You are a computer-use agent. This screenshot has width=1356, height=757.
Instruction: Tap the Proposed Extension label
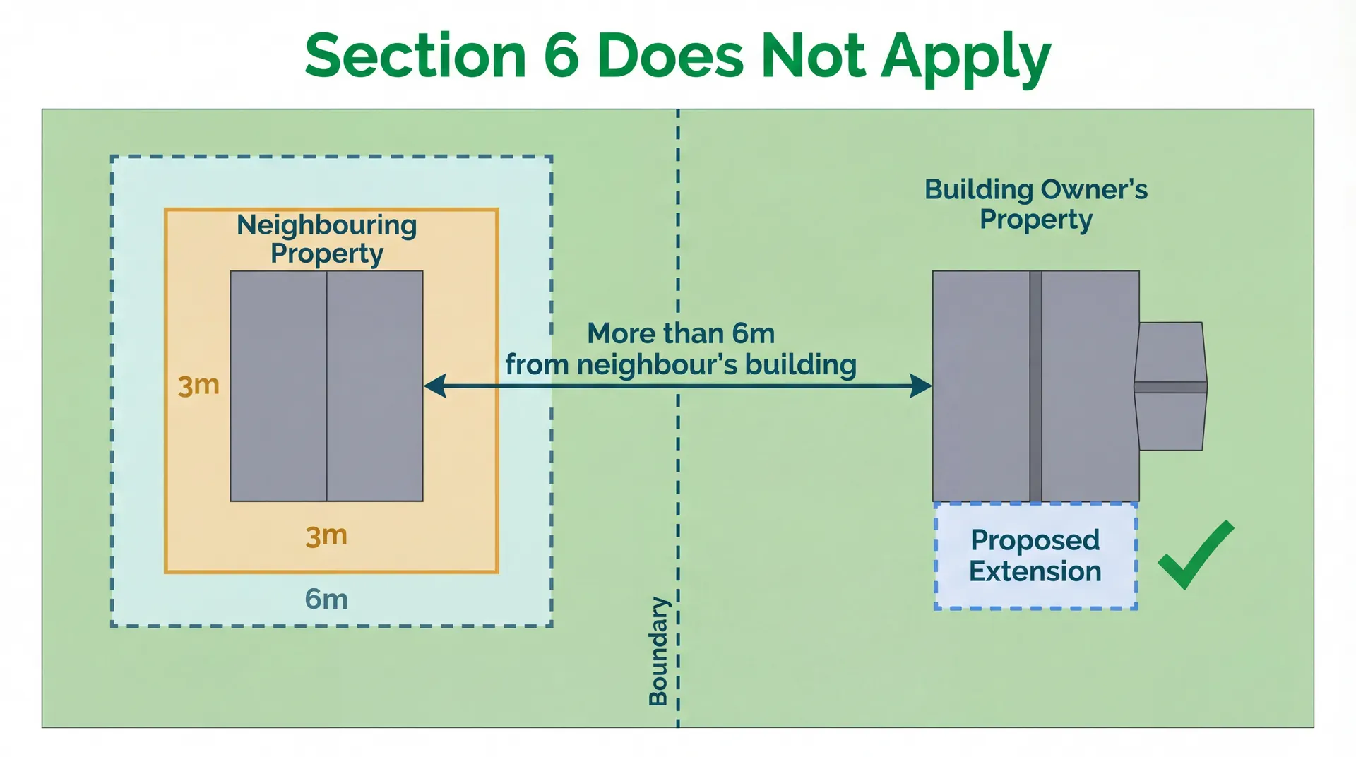coord(1035,556)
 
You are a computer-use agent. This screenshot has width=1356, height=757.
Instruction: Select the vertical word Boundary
coord(658,651)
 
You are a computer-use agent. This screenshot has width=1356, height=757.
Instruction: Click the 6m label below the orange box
coord(326,600)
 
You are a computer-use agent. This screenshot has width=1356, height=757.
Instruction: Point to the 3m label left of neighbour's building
coord(198,386)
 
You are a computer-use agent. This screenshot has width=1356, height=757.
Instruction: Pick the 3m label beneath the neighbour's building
coord(326,536)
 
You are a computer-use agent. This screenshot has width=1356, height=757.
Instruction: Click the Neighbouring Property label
coord(327,239)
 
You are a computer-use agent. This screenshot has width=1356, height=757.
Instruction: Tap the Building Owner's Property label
coord(1036,204)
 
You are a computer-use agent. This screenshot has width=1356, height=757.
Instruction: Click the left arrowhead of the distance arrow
coord(435,386)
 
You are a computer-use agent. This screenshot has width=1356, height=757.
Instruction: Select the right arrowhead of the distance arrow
coord(920,386)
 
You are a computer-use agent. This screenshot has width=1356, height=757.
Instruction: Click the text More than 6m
coord(681,333)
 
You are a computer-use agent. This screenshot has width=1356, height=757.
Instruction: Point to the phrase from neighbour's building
coord(681,365)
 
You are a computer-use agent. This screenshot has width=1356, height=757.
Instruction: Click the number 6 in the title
coord(561,56)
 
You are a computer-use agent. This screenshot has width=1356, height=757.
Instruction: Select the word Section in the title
coord(416,56)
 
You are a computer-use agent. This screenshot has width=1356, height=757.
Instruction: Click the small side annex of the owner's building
coord(1170,386)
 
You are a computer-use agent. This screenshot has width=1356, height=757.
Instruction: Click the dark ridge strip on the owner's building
coord(1035,386)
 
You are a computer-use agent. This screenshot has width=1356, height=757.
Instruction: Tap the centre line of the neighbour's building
coord(326,386)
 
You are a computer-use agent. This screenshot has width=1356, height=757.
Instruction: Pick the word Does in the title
coord(670,56)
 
